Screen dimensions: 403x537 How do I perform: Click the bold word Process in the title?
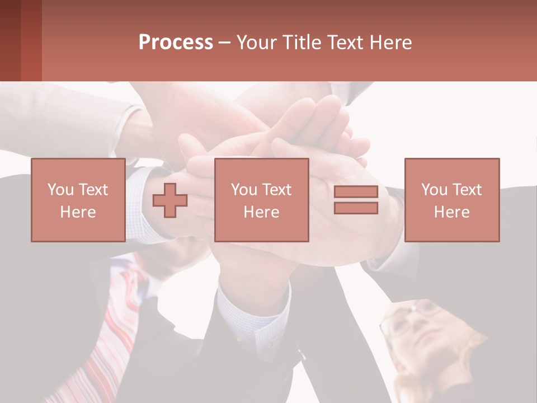point(176,43)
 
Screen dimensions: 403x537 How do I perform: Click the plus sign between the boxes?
point(170,200)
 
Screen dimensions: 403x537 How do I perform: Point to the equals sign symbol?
point(356,200)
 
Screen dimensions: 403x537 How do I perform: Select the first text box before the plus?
point(78,200)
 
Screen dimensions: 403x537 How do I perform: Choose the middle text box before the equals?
point(261,200)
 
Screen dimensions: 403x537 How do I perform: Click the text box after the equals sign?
point(451,200)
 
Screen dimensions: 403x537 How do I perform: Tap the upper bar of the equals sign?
point(356,192)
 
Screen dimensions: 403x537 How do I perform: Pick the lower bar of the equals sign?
point(356,208)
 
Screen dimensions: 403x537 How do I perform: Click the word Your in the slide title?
point(257,43)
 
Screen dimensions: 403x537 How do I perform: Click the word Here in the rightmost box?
point(451,212)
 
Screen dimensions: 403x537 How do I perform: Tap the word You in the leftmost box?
point(60,190)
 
